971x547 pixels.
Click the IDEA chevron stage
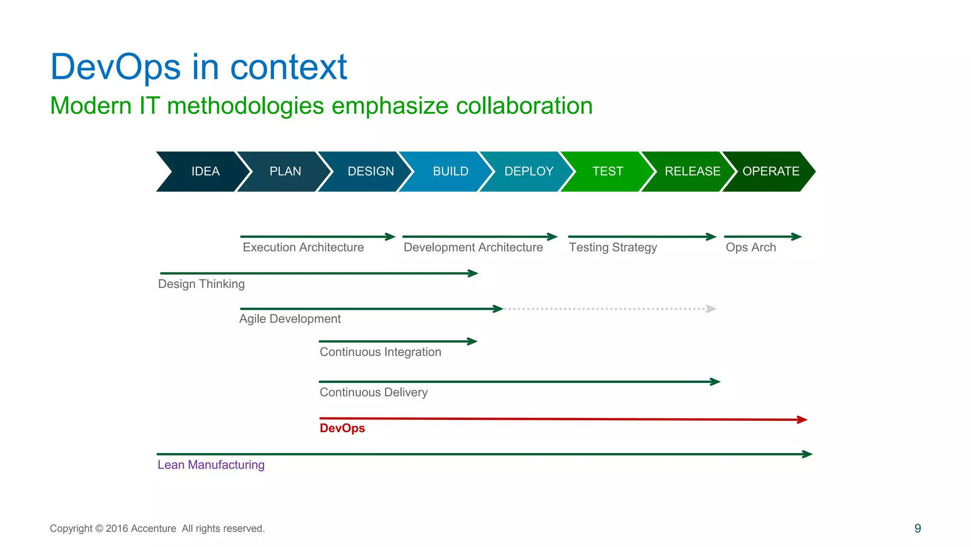click(205, 171)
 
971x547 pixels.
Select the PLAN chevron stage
click(285, 171)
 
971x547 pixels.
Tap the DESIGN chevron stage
click(370, 171)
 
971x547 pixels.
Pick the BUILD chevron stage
click(450, 171)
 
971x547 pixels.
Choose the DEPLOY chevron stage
click(529, 171)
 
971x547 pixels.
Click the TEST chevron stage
click(607, 171)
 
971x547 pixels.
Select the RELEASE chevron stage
click(692, 171)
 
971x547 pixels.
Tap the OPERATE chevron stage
click(770, 171)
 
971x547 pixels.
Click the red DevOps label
click(342, 428)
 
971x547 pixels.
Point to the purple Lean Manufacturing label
click(211, 464)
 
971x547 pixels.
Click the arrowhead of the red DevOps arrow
click(802, 419)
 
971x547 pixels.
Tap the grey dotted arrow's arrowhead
click(711, 309)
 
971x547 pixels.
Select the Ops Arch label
click(751, 247)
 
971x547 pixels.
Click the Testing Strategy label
click(613, 247)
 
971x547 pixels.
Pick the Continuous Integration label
click(380, 352)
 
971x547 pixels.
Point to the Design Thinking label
click(201, 284)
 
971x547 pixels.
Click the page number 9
click(917, 528)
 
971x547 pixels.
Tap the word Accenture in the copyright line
click(153, 528)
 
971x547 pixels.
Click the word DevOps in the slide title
click(116, 67)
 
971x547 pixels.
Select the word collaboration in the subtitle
click(524, 105)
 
